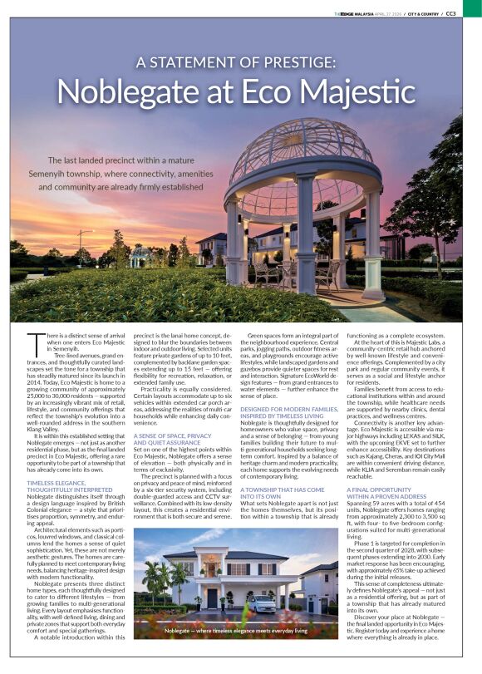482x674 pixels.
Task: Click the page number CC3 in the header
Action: point(471,13)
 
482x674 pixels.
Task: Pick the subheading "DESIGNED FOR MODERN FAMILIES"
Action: point(287,411)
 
